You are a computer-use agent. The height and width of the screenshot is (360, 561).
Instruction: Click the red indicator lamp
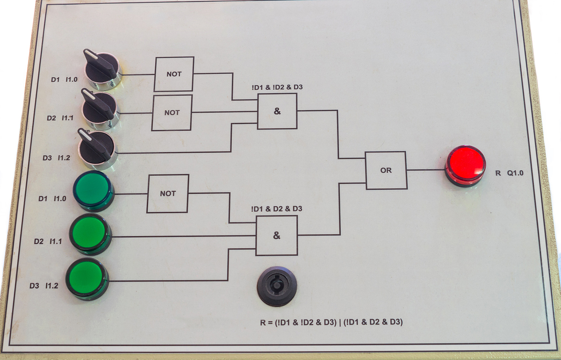(465, 166)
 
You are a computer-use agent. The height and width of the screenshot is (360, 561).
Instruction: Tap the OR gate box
(386, 170)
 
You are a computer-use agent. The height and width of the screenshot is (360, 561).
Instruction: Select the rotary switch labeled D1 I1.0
(103, 71)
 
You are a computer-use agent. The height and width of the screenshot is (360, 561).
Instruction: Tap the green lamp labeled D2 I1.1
(90, 232)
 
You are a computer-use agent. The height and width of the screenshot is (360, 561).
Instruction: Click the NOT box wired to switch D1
(174, 74)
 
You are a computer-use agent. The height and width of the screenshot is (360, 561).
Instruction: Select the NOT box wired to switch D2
(172, 113)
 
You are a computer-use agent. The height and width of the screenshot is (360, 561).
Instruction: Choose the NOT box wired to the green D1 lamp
(168, 194)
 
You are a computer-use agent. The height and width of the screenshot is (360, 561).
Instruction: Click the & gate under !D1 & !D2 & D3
(277, 111)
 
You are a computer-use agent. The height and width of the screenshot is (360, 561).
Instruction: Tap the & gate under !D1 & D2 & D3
(276, 236)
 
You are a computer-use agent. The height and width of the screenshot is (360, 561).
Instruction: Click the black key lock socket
(277, 286)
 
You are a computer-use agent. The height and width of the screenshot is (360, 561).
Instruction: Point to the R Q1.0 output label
(510, 173)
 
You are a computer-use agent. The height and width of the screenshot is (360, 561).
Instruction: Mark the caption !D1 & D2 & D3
(277, 209)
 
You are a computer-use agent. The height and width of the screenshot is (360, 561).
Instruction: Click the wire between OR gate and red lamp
(425, 170)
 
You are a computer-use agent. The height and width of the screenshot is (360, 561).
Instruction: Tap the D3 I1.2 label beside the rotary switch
(56, 158)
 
